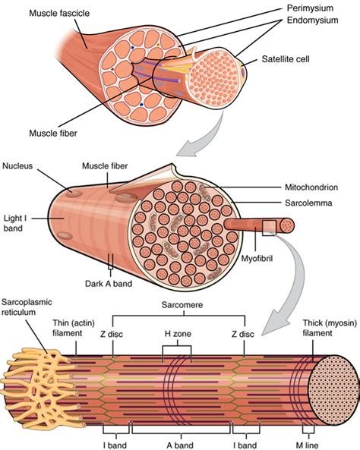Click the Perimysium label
[310, 8]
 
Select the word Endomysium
[313, 20]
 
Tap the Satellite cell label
[286, 59]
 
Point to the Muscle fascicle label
[59, 13]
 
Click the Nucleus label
[17, 166]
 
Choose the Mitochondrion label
[311, 187]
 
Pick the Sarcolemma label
[308, 203]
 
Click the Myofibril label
[257, 259]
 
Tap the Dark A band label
[109, 284]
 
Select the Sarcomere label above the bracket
[182, 304]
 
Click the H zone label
[178, 334]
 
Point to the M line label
[307, 445]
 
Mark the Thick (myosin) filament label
[330, 328]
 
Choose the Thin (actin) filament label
[74, 328]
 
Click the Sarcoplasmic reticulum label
[27, 307]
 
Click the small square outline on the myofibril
[269, 228]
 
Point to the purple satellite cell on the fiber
[243, 71]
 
